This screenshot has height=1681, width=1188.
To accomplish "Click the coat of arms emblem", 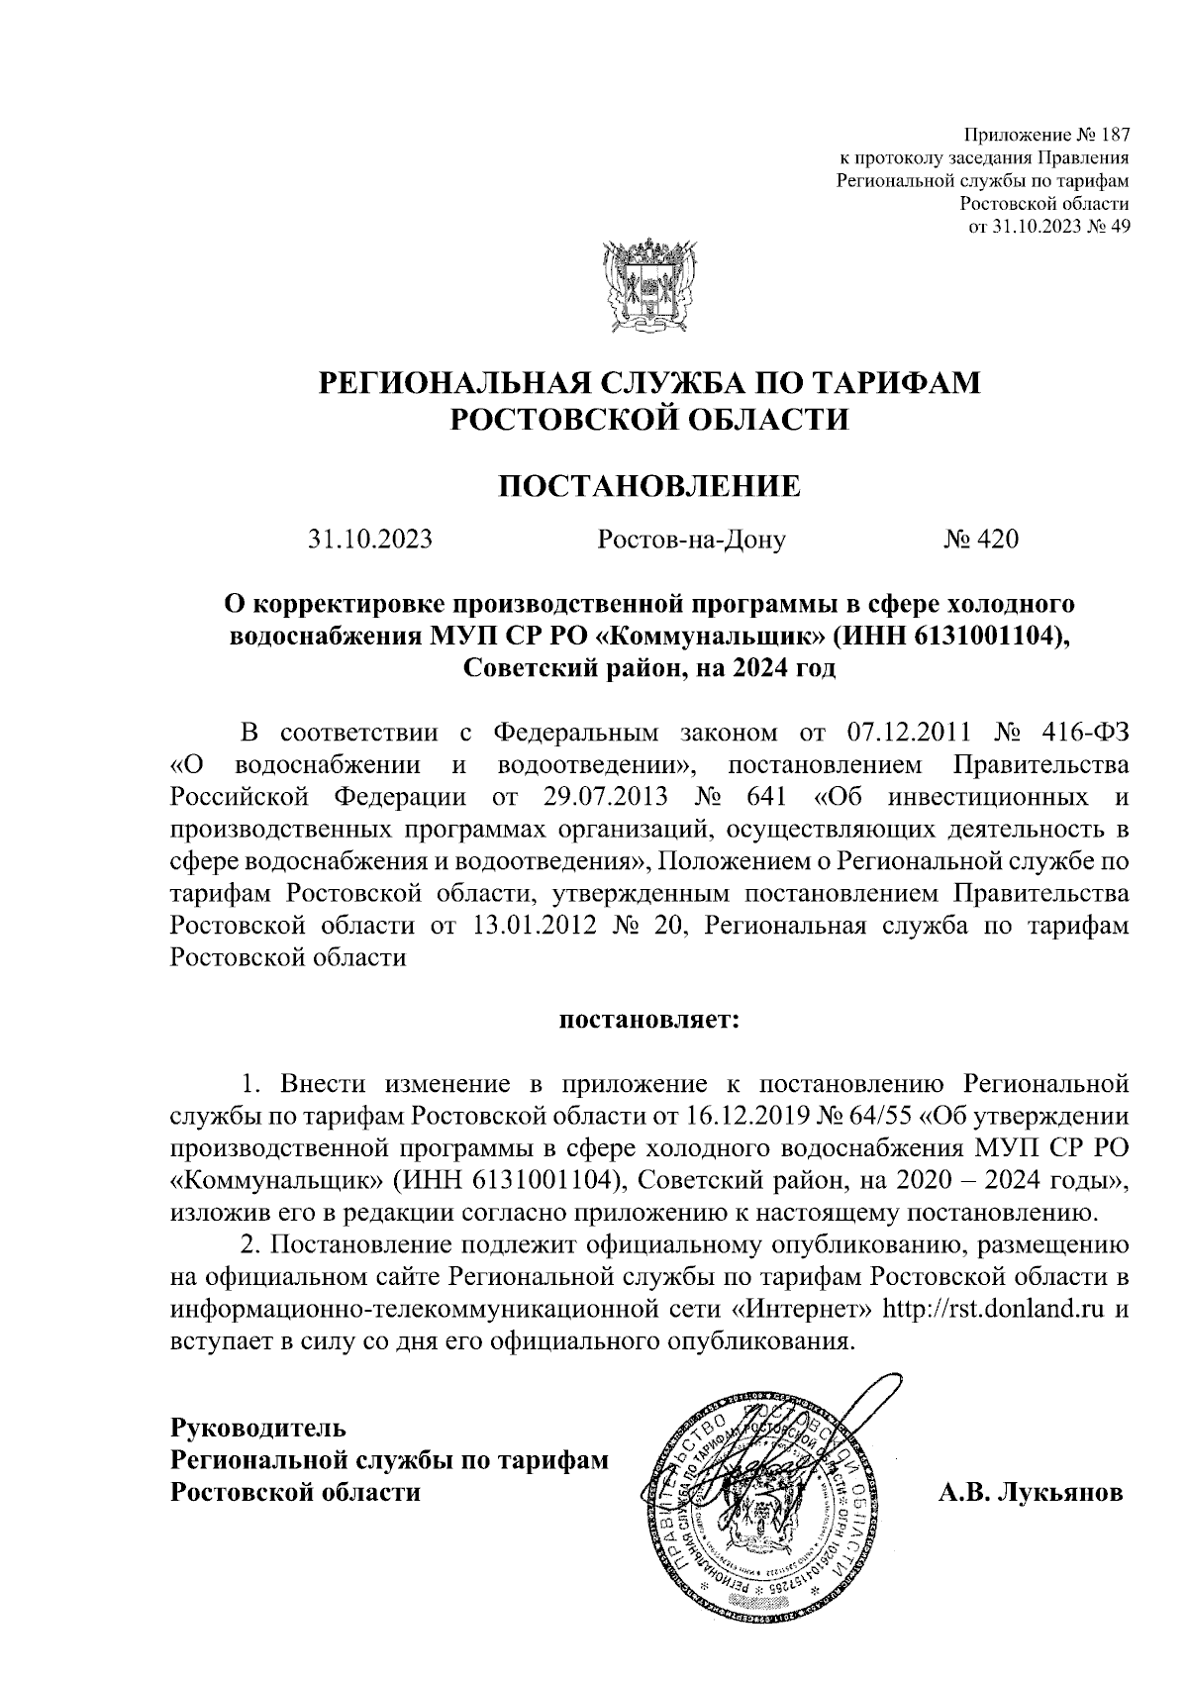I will point(647,287).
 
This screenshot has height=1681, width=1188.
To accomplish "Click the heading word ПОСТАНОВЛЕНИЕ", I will point(648,487).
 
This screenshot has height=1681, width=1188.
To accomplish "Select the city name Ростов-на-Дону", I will point(691,540).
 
